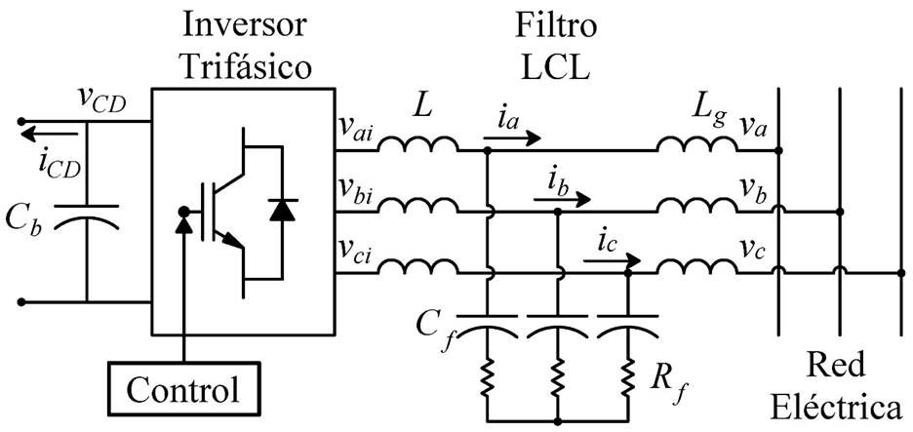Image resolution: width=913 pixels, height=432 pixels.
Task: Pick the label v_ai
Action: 354,128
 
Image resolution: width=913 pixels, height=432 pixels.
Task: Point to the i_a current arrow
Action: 514,137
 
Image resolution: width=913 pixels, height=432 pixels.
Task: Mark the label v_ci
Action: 354,249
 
